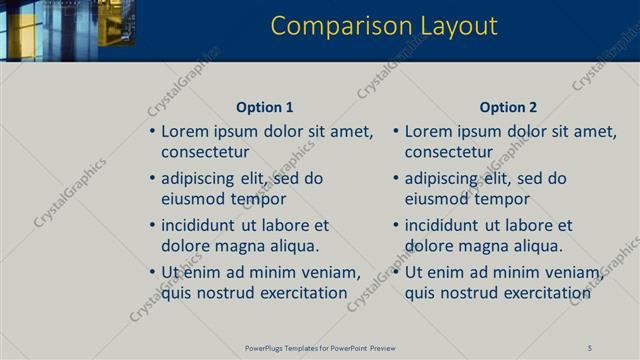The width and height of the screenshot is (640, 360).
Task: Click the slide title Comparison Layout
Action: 384,26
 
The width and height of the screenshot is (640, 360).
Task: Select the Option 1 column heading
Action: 265,107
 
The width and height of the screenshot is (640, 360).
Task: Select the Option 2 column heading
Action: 508,107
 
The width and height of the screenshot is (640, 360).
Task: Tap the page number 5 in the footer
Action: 590,347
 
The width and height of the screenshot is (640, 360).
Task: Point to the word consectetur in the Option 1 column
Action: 205,152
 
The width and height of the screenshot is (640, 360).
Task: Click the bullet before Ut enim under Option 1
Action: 152,272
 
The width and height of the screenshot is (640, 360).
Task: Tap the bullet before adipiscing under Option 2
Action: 396,178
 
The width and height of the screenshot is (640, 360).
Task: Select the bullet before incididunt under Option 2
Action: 396,225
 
